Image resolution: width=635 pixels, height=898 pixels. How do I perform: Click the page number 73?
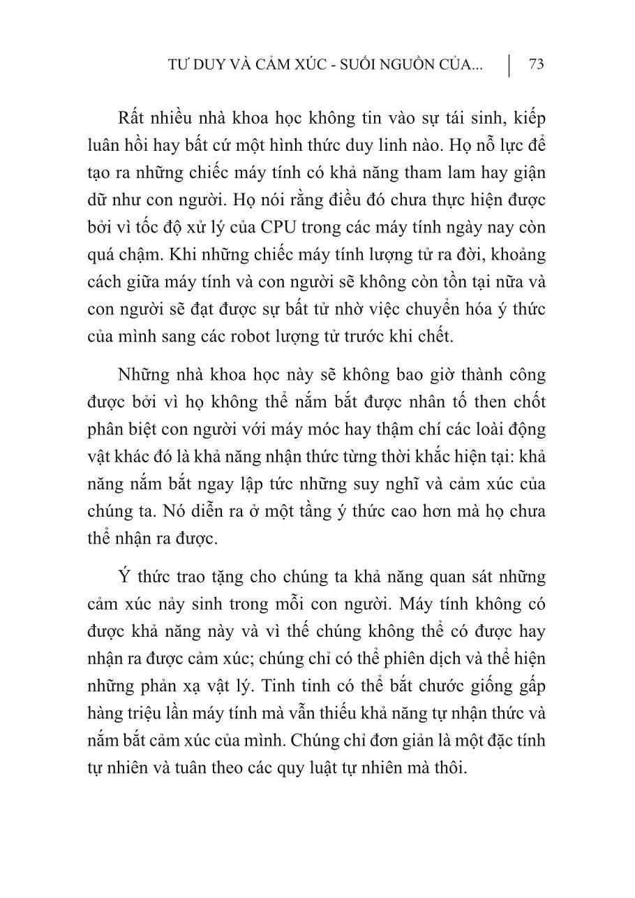(536, 64)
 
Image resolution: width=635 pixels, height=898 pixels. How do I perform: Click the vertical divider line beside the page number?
(510, 64)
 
